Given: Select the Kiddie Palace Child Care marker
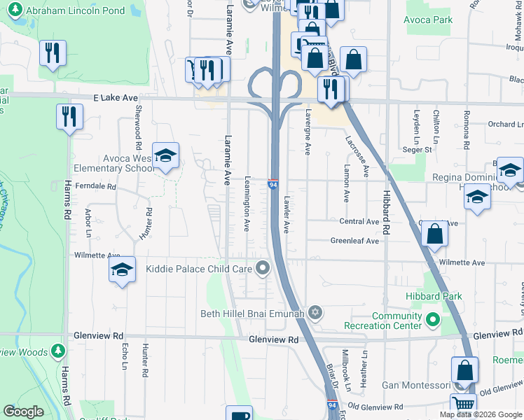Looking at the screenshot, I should point(263,267).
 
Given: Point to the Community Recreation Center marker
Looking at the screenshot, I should point(432,321).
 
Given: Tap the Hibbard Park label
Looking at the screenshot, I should point(434,297).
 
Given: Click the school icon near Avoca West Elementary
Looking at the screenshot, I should point(165,155).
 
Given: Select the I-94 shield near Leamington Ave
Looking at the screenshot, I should point(274,184).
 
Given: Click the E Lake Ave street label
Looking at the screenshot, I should point(116,100).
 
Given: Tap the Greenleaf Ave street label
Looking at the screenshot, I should point(354,241).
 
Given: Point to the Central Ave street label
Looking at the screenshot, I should point(359,221).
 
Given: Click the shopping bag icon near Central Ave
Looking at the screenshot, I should point(435,234).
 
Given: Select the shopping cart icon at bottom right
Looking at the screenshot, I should point(463,403).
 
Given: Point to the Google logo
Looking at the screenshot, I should point(23,412).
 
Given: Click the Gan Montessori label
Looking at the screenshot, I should point(414,386).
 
